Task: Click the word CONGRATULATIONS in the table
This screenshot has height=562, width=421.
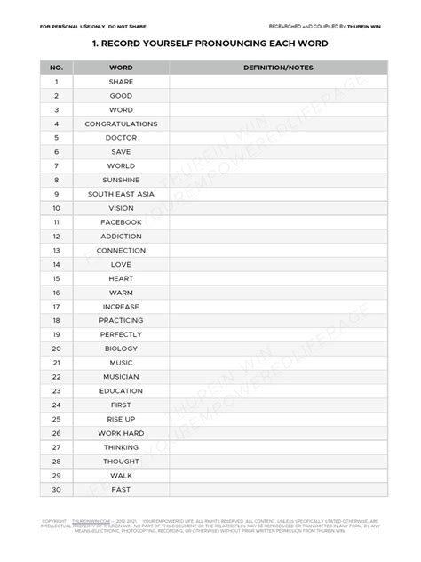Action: click(121, 124)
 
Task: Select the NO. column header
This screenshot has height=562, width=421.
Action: click(56, 67)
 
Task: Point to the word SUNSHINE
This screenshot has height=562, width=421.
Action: click(121, 180)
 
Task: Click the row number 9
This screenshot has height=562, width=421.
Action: click(56, 194)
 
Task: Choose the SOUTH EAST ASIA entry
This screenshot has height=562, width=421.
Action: click(121, 194)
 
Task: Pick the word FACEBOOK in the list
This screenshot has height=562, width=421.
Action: click(121, 222)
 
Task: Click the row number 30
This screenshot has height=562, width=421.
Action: click(56, 489)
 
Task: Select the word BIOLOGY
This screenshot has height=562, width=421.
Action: click(121, 349)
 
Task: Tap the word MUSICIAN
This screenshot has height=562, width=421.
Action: click(121, 376)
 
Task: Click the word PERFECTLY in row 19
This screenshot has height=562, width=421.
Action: click(121, 334)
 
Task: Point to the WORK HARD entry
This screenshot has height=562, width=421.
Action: click(121, 433)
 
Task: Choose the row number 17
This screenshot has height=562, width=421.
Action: click(56, 306)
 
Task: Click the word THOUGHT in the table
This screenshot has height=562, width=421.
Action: click(121, 461)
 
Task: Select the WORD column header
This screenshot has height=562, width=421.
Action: click(121, 67)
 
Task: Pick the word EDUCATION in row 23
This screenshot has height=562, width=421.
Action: click(121, 390)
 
